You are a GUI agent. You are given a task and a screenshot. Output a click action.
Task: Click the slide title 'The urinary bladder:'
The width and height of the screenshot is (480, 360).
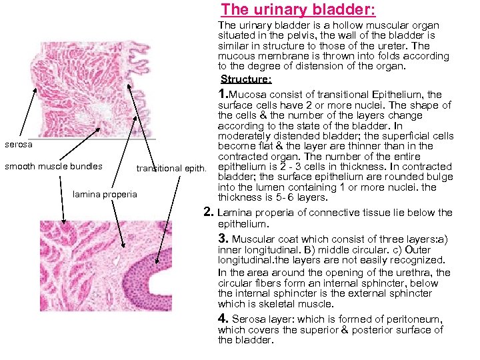point(298,9)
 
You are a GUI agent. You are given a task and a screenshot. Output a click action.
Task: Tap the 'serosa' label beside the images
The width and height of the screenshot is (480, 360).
point(18,144)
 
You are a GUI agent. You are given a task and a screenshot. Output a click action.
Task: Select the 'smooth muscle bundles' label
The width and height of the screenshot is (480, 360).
point(53,166)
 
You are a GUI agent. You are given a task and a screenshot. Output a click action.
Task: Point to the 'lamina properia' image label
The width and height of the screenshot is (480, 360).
point(105,194)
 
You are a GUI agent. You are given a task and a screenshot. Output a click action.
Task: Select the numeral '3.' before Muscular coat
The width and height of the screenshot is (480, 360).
point(225,238)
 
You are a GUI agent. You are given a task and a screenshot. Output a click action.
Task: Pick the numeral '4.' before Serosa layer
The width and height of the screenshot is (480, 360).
point(225,318)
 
